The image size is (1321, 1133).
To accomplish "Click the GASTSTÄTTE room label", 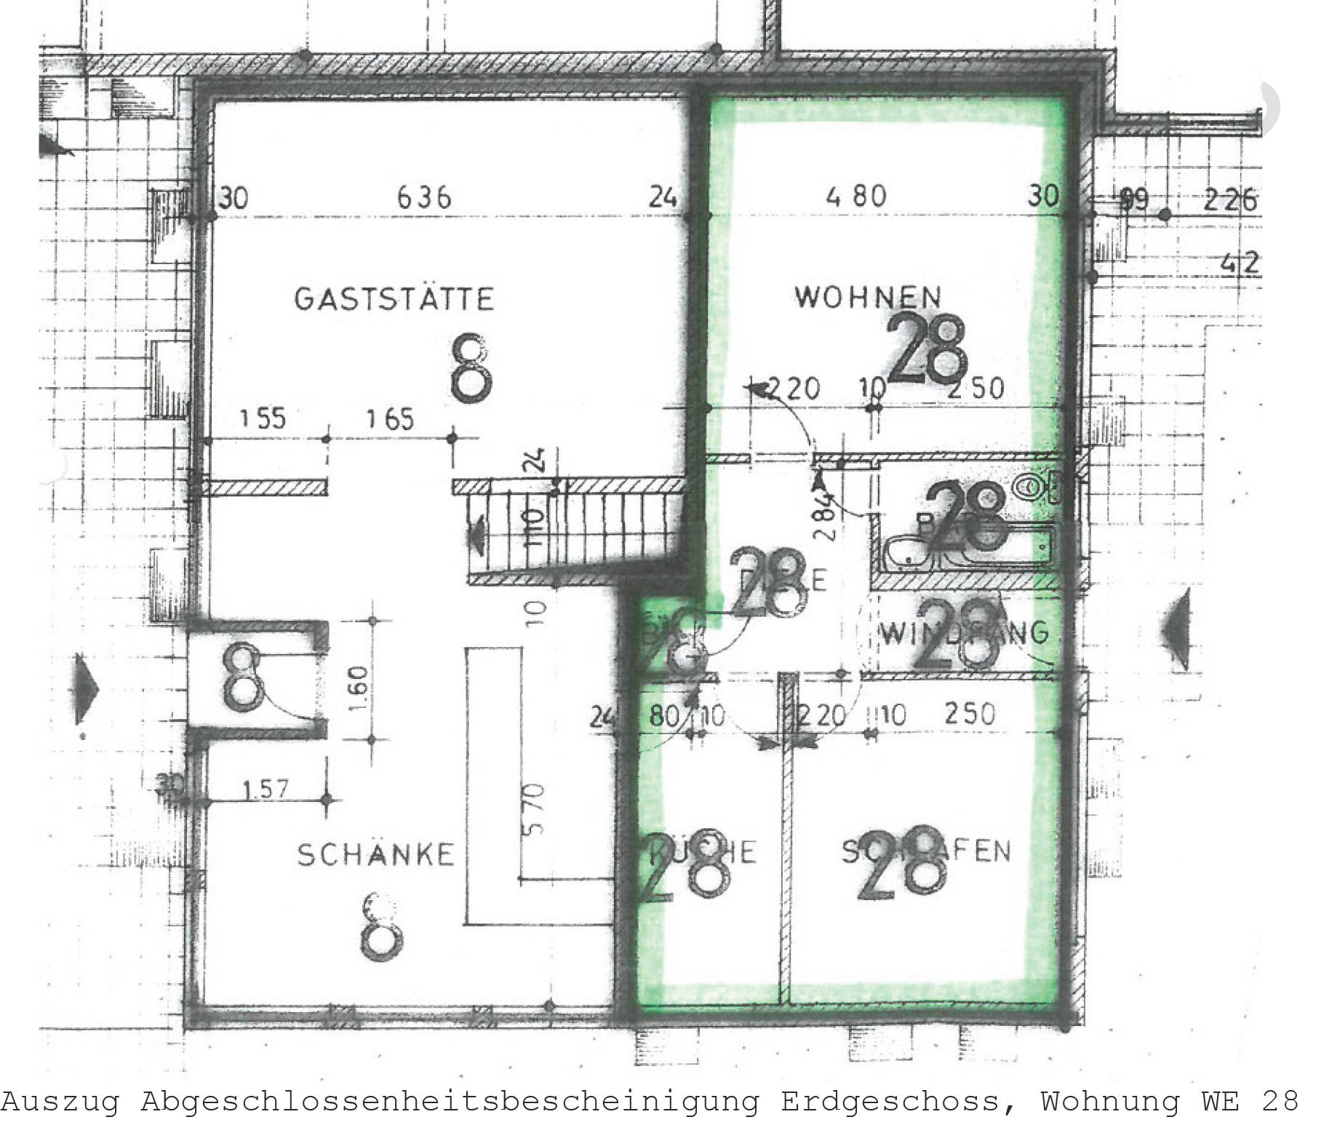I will pyautogui.click(x=394, y=299).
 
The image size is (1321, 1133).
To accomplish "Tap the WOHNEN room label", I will pyautogui.click(x=868, y=296).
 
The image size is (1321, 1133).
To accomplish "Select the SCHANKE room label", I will pyautogui.click(x=375, y=854).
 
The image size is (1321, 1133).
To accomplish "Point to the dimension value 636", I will pyautogui.click(x=424, y=196).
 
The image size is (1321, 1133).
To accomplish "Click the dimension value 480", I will pyautogui.click(x=857, y=196).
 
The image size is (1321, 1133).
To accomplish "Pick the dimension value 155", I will pyautogui.click(x=263, y=419).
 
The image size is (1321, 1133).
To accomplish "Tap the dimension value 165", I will pyautogui.click(x=390, y=419).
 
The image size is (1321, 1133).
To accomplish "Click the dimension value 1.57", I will pyautogui.click(x=266, y=789).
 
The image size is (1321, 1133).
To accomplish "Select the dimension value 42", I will pyautogui.click(x=1241, y=263).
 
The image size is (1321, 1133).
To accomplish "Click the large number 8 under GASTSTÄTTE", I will pyautogui.click(x=471, y=368).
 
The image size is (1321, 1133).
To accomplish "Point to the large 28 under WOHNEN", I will pyautogui.click(x=928, y=350).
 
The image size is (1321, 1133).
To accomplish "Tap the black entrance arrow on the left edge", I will pyautogui.click(x=86, y=687).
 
